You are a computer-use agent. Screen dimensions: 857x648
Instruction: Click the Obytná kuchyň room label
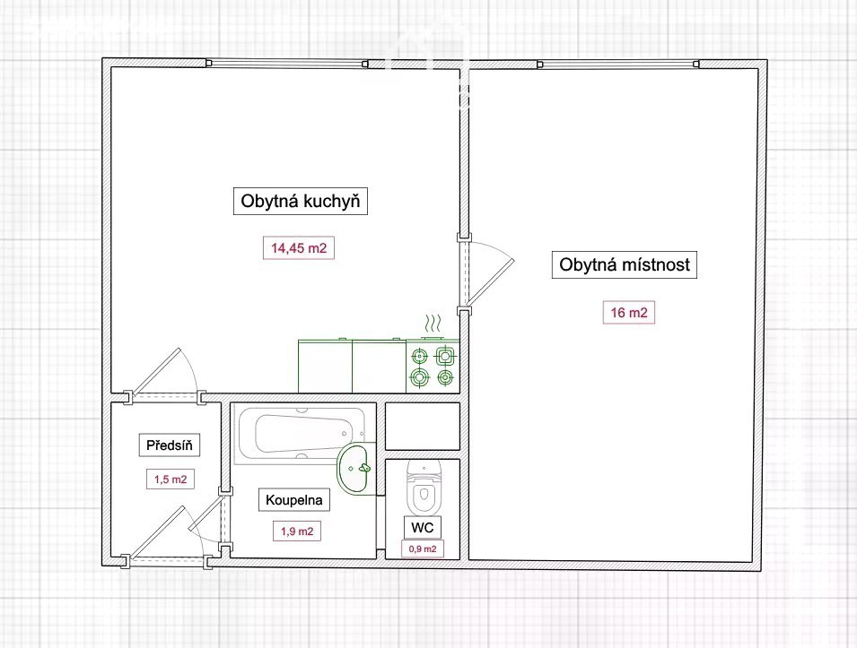tap(300, 201)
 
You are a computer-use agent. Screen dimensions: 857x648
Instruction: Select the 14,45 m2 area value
tap(299, 248)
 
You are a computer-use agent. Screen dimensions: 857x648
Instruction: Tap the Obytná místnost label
tap(625, 264)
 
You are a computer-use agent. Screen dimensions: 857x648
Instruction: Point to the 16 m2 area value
tap(628, 312)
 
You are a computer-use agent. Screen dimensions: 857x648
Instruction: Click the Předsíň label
tap(170, 445)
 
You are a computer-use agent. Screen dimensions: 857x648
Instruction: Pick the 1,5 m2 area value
tap(171, 480)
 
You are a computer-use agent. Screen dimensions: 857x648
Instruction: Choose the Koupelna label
tap(294, 499)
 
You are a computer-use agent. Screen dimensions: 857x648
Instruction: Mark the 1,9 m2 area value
tap(297, 531)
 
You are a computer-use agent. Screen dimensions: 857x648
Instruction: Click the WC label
tap(422, 527)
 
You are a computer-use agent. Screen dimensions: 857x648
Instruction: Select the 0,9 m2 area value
tap(423, 549)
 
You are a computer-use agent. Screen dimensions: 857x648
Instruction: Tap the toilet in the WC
tap(424, 488)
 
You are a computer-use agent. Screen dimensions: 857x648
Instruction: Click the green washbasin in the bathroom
tap(356, 469)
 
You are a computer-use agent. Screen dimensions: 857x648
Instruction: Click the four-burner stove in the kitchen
tap(433, 366)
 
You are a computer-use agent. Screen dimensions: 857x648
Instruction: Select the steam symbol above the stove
tap(433, 324)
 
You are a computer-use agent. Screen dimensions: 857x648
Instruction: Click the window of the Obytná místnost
tap(618, 64)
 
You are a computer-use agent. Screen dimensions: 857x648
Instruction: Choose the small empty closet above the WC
tap(423, 427)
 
